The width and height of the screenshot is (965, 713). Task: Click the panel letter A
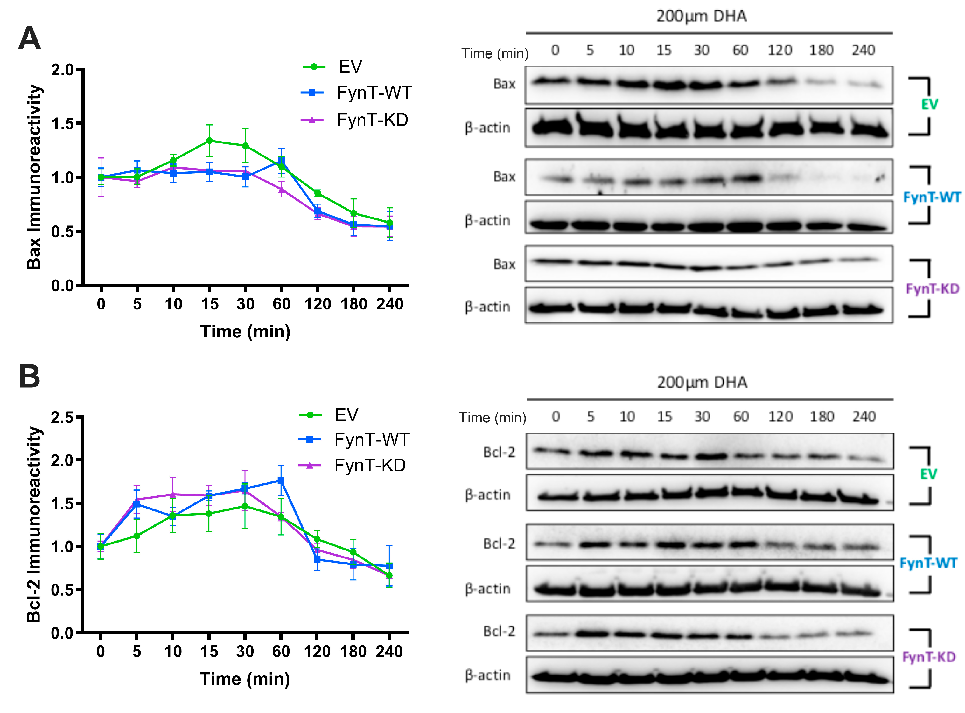coord(29,39)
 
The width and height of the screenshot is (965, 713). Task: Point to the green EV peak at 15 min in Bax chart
coord(209,141)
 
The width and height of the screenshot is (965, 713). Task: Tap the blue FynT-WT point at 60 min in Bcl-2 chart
coord(281,480)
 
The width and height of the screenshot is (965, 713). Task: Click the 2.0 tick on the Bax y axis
coord(63,69)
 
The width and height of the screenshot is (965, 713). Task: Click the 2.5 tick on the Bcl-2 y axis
coord(63,417)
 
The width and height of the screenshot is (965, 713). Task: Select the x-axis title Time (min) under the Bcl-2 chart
coord(245,679)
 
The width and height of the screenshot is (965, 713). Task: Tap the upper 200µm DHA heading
coord(701,17)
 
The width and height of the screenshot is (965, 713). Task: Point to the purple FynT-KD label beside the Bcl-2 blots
coord(929,657)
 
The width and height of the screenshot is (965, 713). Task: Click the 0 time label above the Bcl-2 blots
coord(556,417)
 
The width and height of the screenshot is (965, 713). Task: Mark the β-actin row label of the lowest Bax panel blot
coord(487,307)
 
